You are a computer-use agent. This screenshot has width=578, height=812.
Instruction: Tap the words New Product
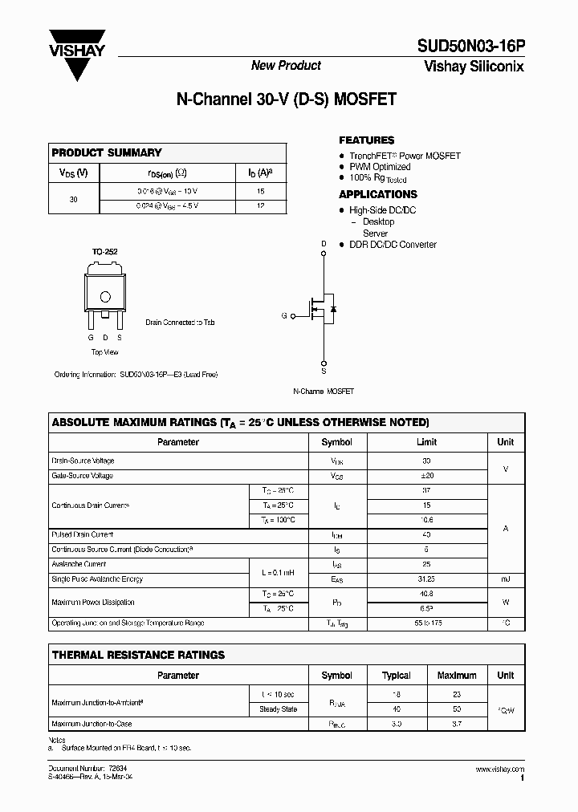286,66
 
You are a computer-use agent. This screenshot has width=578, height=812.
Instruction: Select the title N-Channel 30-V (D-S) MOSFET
286,101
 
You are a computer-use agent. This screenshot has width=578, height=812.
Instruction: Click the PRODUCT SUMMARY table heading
107,152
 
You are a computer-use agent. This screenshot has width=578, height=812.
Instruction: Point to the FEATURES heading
366,140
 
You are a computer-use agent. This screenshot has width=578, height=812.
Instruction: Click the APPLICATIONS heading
377,194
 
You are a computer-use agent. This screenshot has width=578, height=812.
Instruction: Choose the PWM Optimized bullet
380,167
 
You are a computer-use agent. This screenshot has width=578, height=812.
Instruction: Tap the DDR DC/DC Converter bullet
393,245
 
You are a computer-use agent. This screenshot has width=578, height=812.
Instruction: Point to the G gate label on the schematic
283,316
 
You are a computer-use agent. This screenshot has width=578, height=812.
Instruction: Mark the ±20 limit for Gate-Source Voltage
426,476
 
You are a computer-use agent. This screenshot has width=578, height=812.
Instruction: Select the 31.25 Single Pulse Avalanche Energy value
426,579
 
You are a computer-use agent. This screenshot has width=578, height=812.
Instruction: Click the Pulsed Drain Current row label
83,534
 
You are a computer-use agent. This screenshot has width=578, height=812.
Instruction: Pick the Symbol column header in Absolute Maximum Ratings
336,442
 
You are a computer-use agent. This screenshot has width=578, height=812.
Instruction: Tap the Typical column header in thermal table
396,676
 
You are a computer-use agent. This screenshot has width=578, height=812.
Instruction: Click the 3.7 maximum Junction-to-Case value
457,724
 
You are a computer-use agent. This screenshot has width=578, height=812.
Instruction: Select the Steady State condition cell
278,709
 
